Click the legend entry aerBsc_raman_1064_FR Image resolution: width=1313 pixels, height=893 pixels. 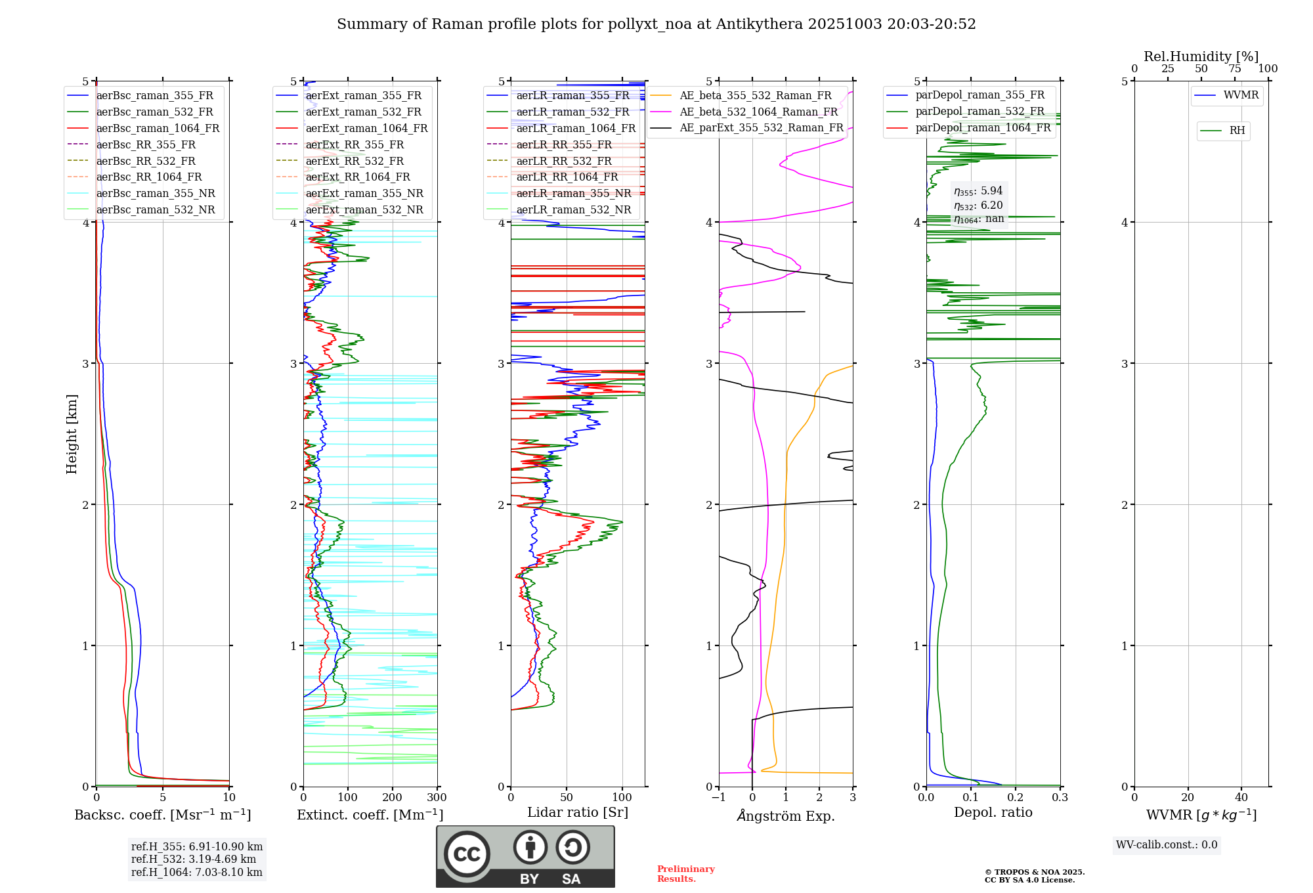[158, 129]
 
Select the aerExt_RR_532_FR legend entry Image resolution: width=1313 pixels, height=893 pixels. [355, 161]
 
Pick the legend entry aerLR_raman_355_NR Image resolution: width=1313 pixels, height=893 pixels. [573, 194]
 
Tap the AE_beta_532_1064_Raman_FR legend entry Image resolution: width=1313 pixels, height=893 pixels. [758, 112]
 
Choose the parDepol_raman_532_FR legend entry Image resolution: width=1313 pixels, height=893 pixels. [979, 112]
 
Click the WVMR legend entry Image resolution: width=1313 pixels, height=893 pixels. [1241, 95]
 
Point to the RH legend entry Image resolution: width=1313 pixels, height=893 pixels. [1237, 131]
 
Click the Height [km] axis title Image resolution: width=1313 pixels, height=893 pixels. [72, 434]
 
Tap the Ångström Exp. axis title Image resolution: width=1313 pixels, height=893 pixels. [786, 816]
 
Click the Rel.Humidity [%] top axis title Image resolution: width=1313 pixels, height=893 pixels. [1201, 56]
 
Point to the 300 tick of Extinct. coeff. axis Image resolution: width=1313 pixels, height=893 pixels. [437, 798]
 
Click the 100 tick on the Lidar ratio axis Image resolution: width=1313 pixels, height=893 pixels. [622, 798]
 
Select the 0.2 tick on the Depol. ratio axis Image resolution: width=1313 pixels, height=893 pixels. [1016, 798]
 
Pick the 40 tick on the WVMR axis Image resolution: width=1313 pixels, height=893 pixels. [1241, 798]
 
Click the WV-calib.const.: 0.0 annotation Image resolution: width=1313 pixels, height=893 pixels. [1167, 845]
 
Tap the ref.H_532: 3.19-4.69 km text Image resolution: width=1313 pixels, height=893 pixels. [194, 860]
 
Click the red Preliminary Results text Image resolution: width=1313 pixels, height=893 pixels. [685, 874]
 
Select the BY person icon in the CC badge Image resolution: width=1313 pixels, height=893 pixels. [530, 848]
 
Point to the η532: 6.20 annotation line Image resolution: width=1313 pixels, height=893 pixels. [978, 206]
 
